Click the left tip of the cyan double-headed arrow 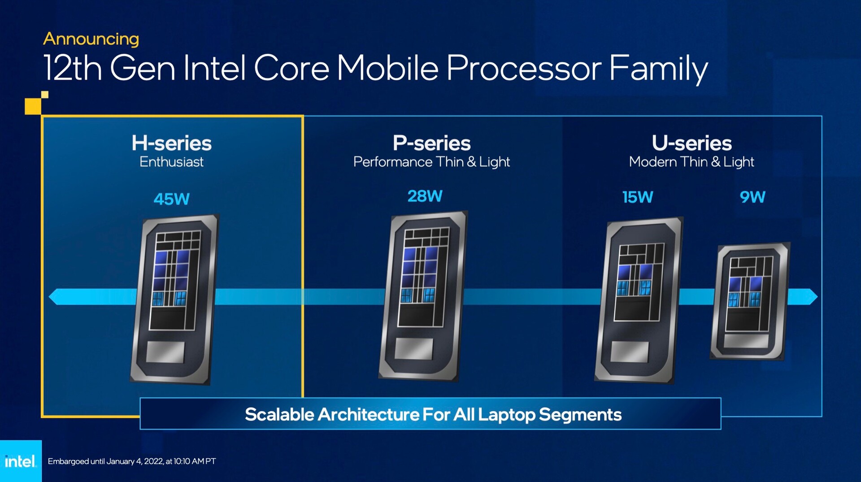(x=49, y=297)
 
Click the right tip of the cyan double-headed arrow (x=818, y=297)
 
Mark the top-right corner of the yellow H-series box (x=303, y=116)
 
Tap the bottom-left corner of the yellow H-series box (x=42, y=417)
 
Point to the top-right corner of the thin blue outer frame (x=822, y=116)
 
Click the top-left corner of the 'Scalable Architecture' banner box (x=140, y=398)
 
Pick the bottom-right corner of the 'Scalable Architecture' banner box (x=721, y=429)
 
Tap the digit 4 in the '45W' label (x=159, y=199)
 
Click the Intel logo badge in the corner (x=21, y=461)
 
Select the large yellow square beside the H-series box (x=33, y=106)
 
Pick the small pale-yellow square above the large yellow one (x=45, y=95)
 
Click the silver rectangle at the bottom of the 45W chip (x=165, y=352)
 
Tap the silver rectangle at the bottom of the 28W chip (x=414, y=348)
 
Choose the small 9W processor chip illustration (x=750, y=301)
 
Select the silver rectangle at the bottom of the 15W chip (x=630, y=352)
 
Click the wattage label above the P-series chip (x=425, y=196)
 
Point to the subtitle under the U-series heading (x=691, y=162)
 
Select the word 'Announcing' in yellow (x=91, y=39)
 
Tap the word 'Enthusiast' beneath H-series (x=171, y=161)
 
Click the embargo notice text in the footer (x=132, y=461)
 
